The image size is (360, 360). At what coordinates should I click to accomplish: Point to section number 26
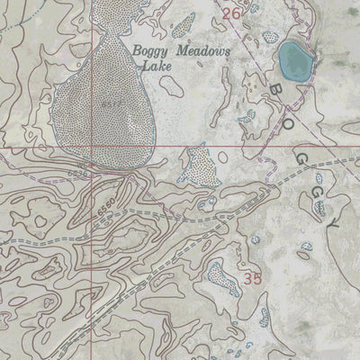tap(231, 13)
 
